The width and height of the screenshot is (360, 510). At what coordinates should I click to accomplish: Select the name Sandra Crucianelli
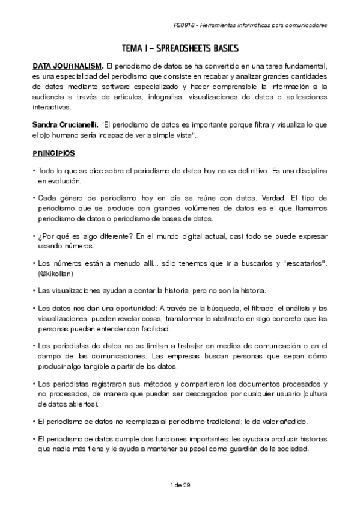[x=64, y=124]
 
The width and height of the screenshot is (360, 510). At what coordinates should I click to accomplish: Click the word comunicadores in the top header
[x=307, y=26]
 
